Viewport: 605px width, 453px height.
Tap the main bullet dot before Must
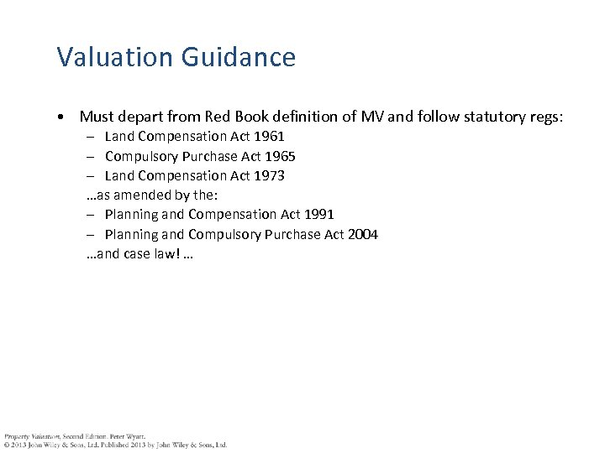[x=62, y=116]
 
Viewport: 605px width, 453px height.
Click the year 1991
[x=318, y=214]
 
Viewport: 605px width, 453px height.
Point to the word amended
[x=150, y=195]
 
